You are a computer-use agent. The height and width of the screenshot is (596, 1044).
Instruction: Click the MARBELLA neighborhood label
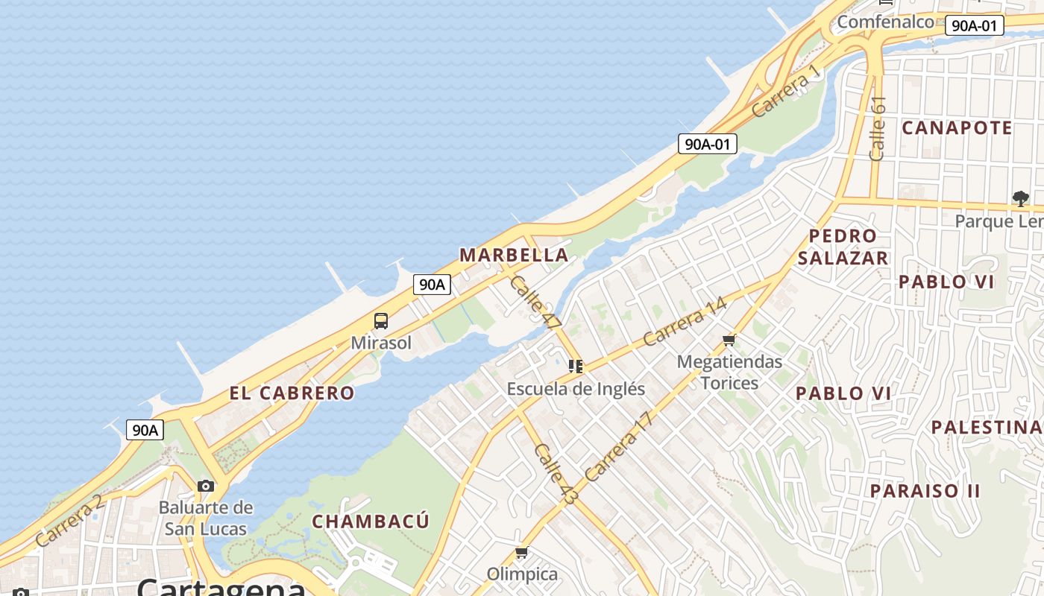pyautogui.click(x=514, y=255)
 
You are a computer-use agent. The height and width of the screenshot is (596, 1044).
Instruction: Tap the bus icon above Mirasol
pyautogui.click(x=381, y=321)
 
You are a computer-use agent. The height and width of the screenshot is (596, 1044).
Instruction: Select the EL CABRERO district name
pyautogui.click(x=292, y=393)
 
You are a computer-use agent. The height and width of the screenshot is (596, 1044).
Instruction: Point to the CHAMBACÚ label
pyautogui.click(x=371, y=521)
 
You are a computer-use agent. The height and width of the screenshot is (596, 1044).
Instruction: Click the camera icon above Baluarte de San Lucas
pyautogui.click(x=206, y=486)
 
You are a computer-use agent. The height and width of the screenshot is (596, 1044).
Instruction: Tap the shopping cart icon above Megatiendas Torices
pyautogui.click(x=729, y=340)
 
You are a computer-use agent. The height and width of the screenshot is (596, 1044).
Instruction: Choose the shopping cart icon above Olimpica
pyautogui.click(x=522, y=553)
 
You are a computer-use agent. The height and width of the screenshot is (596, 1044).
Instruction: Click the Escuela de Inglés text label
pyautogui.click(x=576, y=389)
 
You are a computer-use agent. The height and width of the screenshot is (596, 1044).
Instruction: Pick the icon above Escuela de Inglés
pyautogui.click(x=576, y=366)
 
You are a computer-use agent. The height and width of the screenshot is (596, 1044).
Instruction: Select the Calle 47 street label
pyautogui.click(x=535, y=302)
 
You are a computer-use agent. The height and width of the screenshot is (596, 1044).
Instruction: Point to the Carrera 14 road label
pyautogui.click(x=685, y=321)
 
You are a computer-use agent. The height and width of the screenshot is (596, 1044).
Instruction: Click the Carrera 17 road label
pyautogui.click(x=618, y=446)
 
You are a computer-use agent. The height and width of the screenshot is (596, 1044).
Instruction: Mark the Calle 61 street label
pyautogui.click(x=878, y=128)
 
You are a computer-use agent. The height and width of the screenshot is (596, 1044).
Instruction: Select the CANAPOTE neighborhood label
pyautogui.click(x=957, y=128)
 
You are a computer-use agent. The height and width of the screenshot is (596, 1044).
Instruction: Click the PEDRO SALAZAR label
pyautogui.click(x=843, y=247)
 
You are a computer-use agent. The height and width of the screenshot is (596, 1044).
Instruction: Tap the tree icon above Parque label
pyautogui.click(x=1020, y=198)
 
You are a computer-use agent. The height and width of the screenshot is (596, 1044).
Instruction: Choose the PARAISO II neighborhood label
pyautogui.click(x=925, y=491)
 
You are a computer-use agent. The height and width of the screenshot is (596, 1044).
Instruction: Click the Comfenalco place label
pyautogui.click(x=885, y=22)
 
